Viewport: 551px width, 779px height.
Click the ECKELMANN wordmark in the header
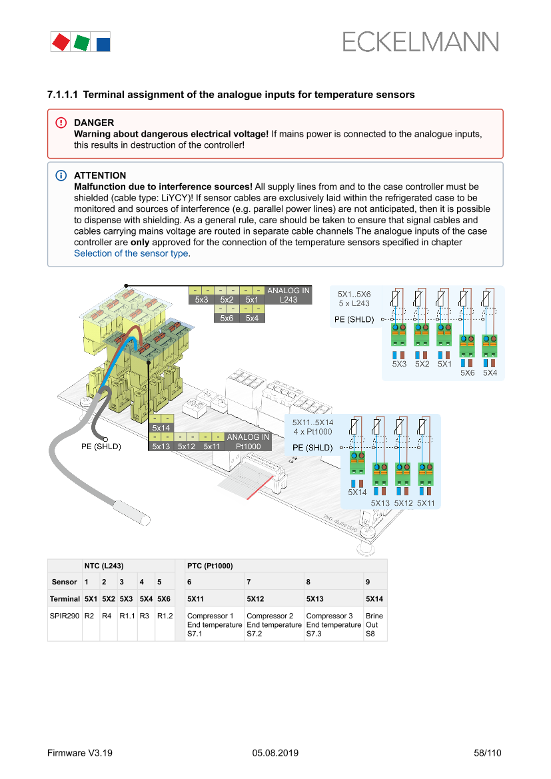tap(420, 42)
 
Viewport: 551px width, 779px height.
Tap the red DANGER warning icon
tap(61, 123)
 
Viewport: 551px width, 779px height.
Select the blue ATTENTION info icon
tap(61, 175)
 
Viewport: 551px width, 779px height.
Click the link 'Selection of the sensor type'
tap(131, 253)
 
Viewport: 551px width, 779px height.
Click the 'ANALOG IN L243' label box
tap(288, 295)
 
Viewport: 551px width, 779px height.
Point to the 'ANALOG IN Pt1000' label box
tap(248, 441)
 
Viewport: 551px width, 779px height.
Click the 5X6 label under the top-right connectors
tap(467, 373)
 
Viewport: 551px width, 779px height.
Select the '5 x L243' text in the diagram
tap(354, 303)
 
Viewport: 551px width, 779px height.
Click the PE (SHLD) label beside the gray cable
tap(101, 446)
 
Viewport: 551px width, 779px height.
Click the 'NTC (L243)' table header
tap(104, 565)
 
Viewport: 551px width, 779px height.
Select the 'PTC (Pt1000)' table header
tap(210, 565)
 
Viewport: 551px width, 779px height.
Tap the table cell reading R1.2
tap(165, 616)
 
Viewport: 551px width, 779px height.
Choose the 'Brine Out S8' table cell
tap(374, 625)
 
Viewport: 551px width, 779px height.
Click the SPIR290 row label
tap(64, 616)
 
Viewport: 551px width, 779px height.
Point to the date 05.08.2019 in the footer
tap(275, 753)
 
